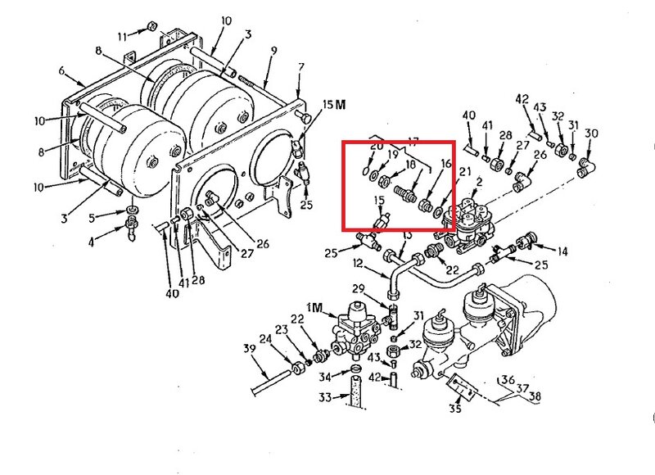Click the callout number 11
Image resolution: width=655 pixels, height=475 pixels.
[x=122, y=37]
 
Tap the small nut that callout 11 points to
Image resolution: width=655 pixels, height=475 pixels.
[x=151, y=27]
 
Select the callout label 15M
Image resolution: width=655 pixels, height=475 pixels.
[x=334, y=105]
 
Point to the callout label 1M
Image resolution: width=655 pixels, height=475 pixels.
[x=314, y=308]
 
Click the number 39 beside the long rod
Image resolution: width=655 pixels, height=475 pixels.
[x=250, y=349]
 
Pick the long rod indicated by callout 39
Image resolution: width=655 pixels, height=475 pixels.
[x=272, y=382]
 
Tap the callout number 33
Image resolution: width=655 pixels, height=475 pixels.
[x=325, y=397]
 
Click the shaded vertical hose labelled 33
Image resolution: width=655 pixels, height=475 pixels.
[x=355, y=391]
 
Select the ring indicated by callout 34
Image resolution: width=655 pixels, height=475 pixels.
[x=356, y=369]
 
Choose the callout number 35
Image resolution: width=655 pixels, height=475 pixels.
[x=455, y=407]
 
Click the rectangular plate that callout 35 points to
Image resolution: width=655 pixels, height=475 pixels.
[x=462, y=387]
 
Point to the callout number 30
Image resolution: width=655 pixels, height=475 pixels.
[x=591, y=133]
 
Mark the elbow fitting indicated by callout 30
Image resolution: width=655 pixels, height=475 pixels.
[x=585, y=166]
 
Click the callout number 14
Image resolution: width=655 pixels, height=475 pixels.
[x=562, y=251]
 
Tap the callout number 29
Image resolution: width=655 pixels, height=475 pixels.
[x=359, y=289]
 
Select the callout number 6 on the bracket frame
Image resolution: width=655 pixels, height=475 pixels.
[x=62, y=70]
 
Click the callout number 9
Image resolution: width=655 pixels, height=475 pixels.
[x=273, y=51]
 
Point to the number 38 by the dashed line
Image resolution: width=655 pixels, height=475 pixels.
[x=535, y=396]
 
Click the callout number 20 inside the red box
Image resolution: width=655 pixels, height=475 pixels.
[x=377, y=147]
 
